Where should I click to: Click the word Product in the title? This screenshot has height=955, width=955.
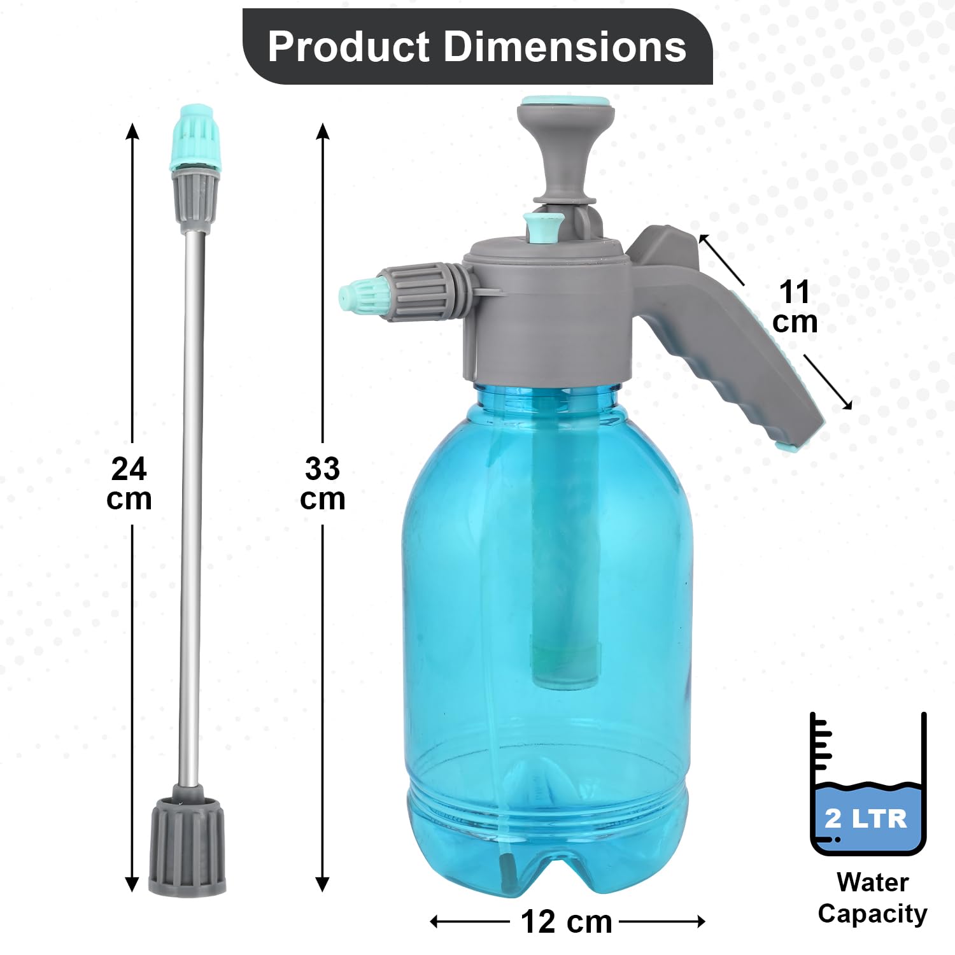(349, 46)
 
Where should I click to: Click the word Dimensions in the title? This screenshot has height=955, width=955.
(565, 46)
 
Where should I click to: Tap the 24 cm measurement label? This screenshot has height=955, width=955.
(129, 484)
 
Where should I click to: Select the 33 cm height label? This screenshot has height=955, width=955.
(323, 484)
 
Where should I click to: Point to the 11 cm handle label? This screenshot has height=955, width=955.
(795, 307)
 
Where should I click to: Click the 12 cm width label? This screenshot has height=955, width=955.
(567, 921)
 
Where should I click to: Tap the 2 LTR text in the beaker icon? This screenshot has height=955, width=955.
(866, 818)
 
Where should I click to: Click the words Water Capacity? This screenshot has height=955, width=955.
(872, 898)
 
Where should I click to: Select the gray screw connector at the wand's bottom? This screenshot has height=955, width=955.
(188, 840)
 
